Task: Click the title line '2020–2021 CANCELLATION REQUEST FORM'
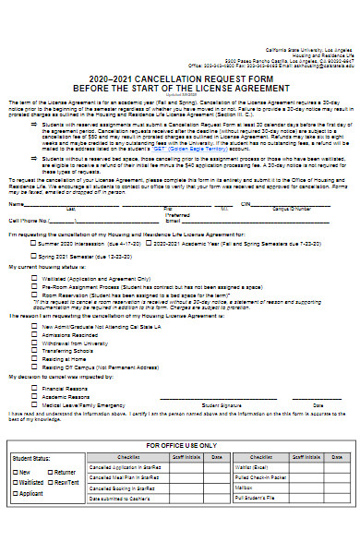(180, 78)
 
